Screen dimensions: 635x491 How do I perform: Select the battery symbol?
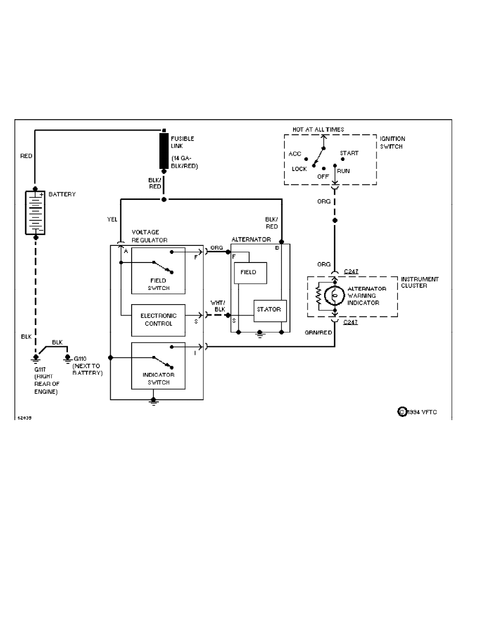click(35, 212)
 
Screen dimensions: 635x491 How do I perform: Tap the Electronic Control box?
click(158, 320)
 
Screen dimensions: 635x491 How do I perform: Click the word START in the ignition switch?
click(349, 153)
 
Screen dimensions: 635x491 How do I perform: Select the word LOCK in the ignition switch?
click(299, 169)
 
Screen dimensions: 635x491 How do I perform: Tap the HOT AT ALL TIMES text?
click(318, 129)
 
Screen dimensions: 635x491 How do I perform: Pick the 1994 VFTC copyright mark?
click(418, 412)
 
